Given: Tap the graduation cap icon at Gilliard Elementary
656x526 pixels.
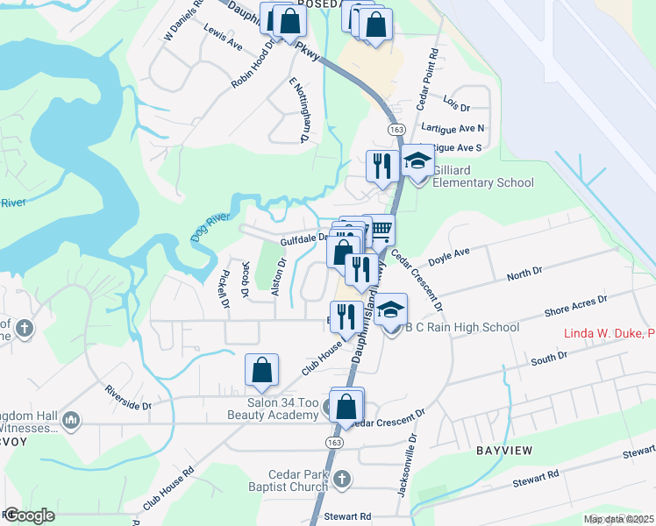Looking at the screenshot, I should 417,162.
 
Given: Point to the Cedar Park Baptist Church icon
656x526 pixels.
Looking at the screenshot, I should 342,480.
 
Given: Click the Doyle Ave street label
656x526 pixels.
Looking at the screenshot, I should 450,257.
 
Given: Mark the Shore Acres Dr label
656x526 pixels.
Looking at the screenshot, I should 575,306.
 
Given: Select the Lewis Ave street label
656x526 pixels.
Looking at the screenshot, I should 223,37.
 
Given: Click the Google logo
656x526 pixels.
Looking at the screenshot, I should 28,515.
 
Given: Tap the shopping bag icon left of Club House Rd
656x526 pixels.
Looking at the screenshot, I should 262,370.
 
